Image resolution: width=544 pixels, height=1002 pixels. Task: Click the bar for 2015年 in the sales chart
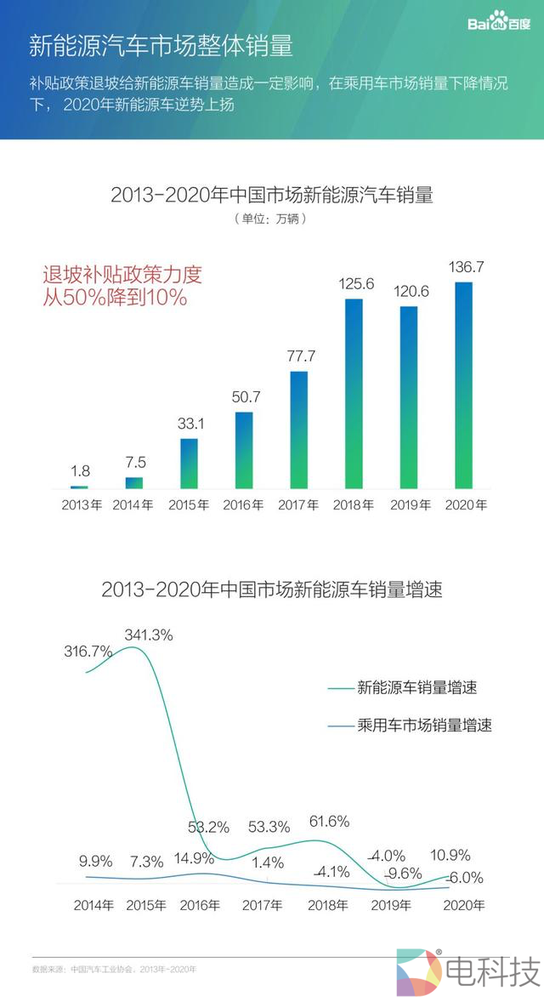click(x=189, y=464)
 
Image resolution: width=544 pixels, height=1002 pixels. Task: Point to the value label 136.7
click(x=466, y=267)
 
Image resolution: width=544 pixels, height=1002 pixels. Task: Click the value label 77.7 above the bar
click(x=300, y=356)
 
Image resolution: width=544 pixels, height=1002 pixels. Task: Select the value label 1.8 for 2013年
click(x=81, y=470)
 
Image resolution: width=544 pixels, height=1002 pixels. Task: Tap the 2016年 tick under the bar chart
click(x=243, y=504)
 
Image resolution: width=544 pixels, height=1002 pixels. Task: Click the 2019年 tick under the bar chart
click(x=410, y=504)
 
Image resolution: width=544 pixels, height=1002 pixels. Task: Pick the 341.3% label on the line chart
click(x=149, y=635)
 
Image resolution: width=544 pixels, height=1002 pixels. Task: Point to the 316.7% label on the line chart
click(x=88, y=652)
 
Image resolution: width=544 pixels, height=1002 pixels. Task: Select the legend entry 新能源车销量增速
click(x=408, y=687)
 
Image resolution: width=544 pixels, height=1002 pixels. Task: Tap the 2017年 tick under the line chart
click(x=261, y=905)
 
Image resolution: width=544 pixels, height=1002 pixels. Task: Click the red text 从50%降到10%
click(x=115, y=299)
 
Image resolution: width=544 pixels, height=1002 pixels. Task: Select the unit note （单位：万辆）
click(x=271, y=219)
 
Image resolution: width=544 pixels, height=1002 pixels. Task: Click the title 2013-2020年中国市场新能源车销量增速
click(x=271, y=589)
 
